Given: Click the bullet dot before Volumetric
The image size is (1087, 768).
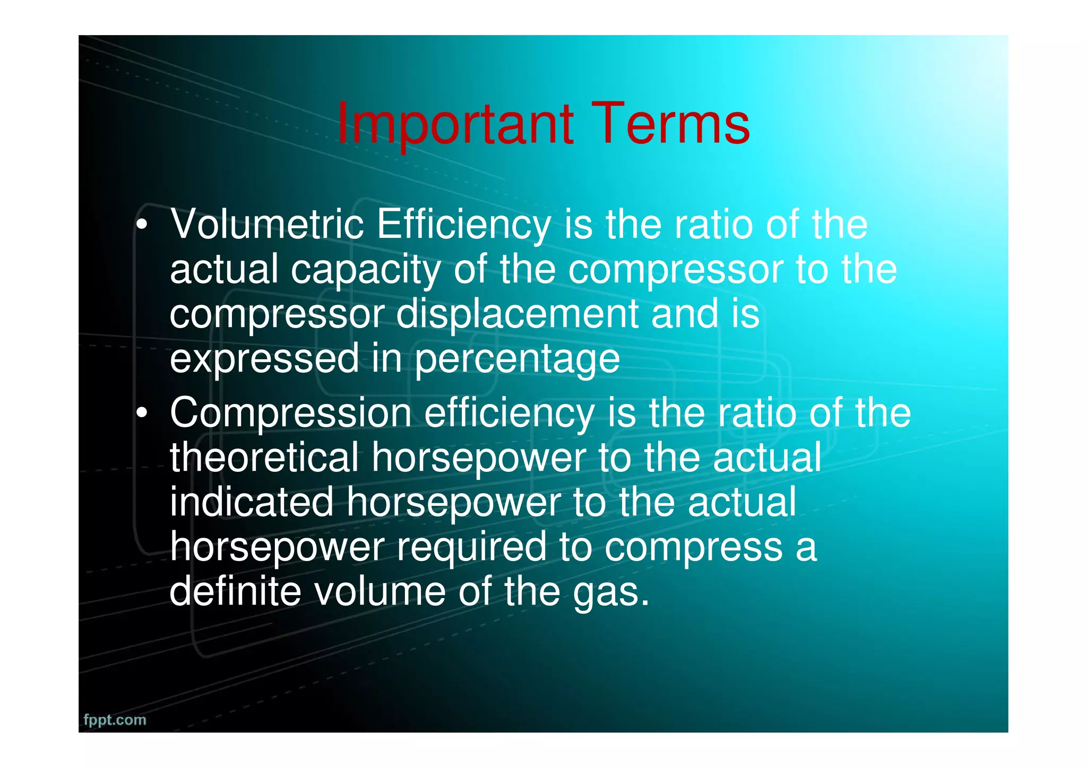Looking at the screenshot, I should (x=141, y=225).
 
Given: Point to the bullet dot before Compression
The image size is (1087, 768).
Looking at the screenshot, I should (x=141, y=413).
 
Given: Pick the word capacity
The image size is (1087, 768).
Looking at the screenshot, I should (x=366, y=270).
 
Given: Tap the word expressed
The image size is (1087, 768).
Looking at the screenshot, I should (x=264, y=359).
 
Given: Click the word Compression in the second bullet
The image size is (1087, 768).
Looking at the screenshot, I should (x=290, y=414).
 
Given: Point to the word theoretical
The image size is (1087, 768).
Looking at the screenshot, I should (x=264, y=458).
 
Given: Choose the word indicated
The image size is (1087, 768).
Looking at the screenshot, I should (x=252, y=502).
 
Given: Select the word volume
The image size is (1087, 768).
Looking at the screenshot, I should (x=380, y=591).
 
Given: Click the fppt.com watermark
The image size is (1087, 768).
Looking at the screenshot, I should (x=115, y=720).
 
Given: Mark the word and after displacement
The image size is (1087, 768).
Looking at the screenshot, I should (x=685, y=314).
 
